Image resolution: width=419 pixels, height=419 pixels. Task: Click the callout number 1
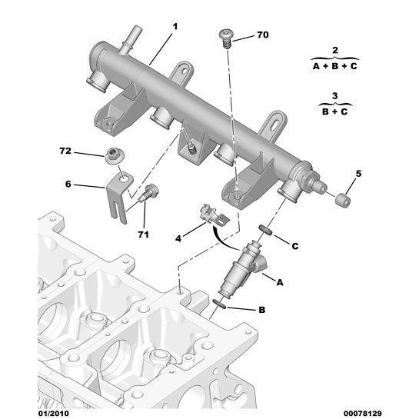(x=175, y=27)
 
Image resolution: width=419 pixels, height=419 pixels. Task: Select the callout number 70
(x=262, y=35)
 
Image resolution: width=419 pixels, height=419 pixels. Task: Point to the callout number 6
(x=68, y=185)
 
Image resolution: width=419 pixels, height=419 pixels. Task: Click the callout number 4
(x=178, y=239)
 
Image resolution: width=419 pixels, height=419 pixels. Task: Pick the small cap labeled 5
(x=342, y=201)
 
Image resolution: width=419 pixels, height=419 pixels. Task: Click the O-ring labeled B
(x=218, y=305)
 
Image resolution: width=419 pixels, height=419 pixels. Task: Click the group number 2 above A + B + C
(x=334, y=50)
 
